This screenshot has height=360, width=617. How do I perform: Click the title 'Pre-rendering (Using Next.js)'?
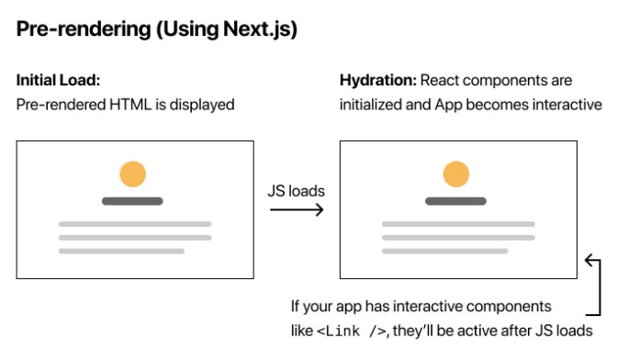pyautogui.click(x=157, y=29)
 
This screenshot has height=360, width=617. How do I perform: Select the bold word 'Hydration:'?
pyautogui.click(x=377, y=80)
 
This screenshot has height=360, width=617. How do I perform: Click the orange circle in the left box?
pyautogui.click(x=134, y=174)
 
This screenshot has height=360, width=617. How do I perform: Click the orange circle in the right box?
pyautogui.click(x=456, y=174)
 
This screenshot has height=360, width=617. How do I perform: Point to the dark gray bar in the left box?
pyautogui.click(x=133, y=200)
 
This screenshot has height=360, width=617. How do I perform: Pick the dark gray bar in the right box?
pyautogui.click(x=456, y=200)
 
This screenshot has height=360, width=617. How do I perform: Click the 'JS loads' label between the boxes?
pyautogui.click(x=296, y=191)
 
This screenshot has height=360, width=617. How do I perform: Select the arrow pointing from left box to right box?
pyautogui.click(x=296, y=210)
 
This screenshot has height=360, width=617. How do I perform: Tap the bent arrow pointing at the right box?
pyautogui.click(x=592, y=285)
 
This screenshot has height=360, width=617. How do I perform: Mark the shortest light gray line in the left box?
pyautogui.click(x=121, y=251)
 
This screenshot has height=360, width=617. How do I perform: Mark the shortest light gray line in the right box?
pyautogui.click(x=444, y=251)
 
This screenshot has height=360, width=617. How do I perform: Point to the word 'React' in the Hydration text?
pyautogui.click(x=441, y=80)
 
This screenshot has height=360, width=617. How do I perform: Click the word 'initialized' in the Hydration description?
pyautogui.click(x=370, y=104)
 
